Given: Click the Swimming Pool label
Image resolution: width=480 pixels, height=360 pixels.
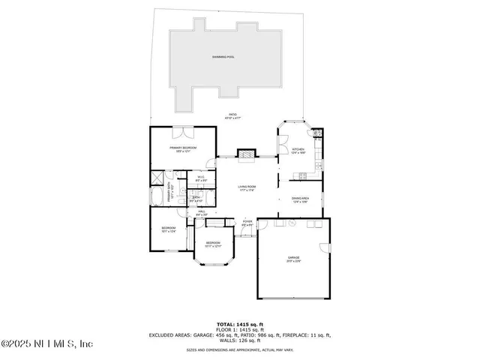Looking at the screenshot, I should click(x=224, y=57).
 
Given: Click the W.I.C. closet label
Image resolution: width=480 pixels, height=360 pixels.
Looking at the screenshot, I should click(x=201, y=179).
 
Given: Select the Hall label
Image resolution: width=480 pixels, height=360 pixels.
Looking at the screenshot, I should click(x=201, y=213).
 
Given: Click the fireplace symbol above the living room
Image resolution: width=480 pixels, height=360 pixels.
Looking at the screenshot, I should click(x=246, y=154).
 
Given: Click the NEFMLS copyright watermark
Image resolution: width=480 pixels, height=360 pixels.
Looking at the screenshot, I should click(x=47, y=343).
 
